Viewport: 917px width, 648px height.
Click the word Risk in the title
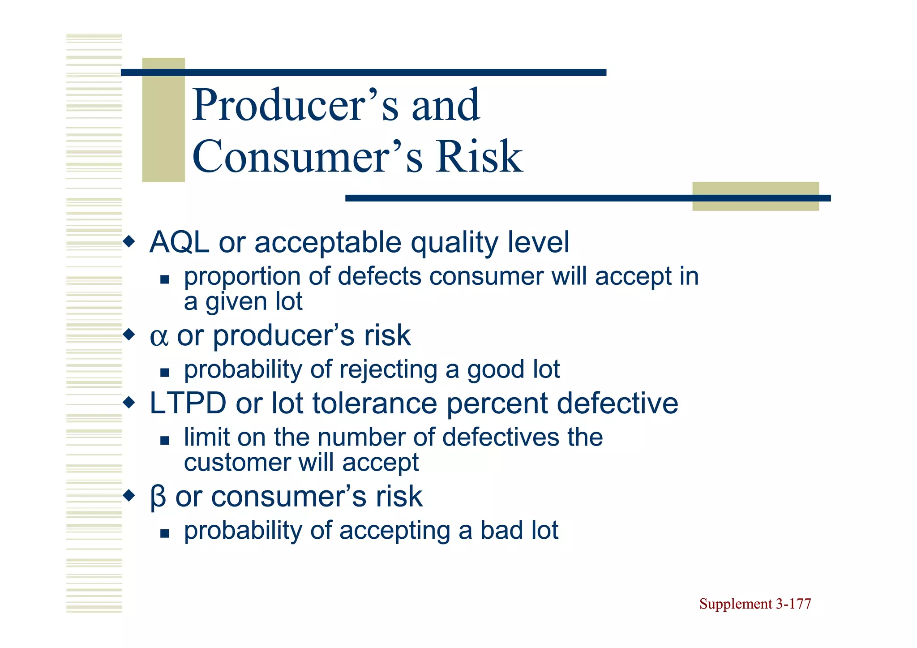pos(479,157)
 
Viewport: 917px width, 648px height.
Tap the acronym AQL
pos(179,242)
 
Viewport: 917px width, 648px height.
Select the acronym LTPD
pos(188,403)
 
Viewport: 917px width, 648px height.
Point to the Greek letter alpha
pos(159,336)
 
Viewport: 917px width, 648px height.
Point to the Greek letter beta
pos(158,497)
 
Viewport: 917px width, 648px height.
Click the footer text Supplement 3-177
pos(755,604)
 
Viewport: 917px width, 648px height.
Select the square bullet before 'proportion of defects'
pos(165,280)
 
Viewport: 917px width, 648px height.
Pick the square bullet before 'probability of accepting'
pos(165,533)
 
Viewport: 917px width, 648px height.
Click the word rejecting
pos(388,370)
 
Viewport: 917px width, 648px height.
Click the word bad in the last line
pos(501,531)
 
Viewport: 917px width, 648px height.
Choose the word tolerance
pos(374,403)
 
